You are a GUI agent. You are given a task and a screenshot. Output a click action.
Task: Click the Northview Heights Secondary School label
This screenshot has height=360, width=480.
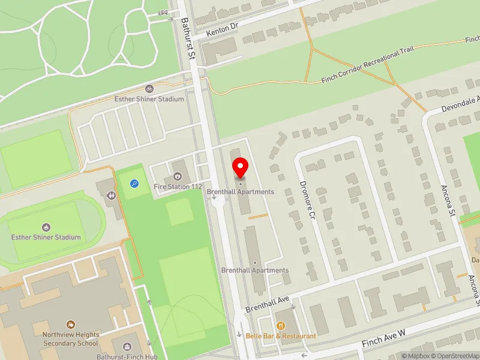[x=70, y=340]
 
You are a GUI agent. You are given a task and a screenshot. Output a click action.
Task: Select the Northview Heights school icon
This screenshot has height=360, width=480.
[x=71, y=325]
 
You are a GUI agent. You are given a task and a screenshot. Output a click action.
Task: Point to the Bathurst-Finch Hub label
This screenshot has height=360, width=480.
[x=126, y=356]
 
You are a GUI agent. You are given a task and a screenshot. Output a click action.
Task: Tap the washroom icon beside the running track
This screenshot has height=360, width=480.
[x=112, y=195]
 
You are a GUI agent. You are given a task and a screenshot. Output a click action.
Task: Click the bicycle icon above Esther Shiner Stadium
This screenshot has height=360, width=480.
[x=149, y=88]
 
